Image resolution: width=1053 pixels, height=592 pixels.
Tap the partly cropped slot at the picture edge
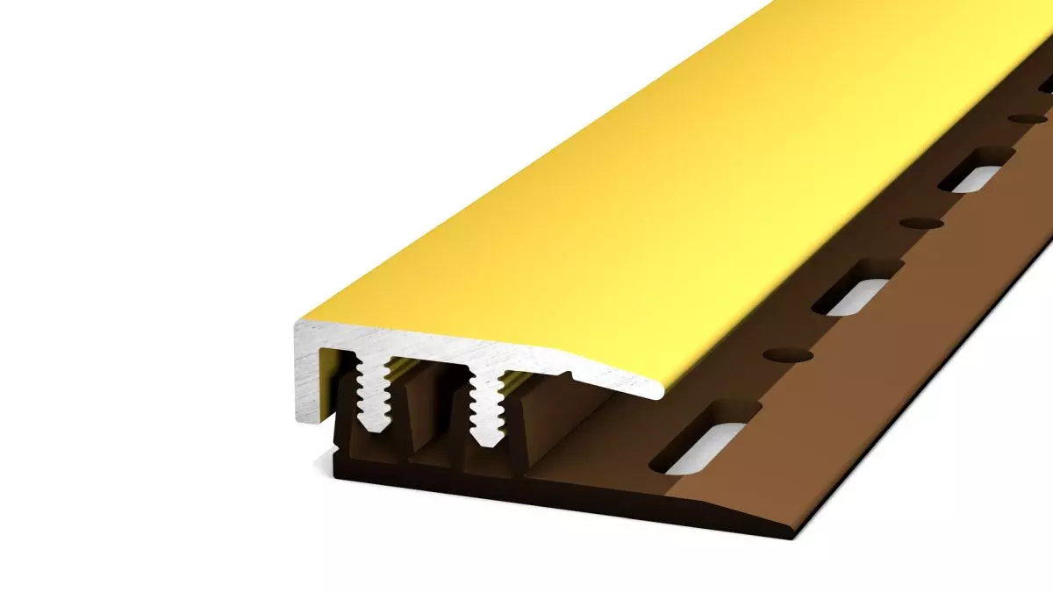pyautogui.click(x=1046, y=84)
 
